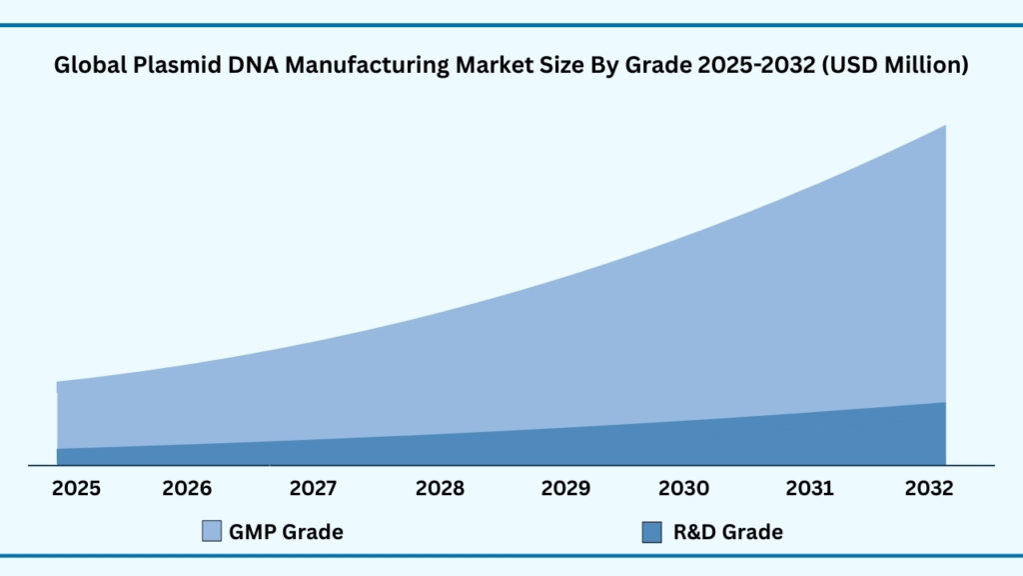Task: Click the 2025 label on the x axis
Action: point(76,489)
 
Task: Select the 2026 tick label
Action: point(187,489)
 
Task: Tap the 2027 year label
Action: point(314,489)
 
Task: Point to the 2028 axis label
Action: point(440,489)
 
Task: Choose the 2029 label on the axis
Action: point(565,489)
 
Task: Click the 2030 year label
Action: point(683,489)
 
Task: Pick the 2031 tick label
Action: point(809,489)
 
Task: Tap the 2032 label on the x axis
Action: point(929,489)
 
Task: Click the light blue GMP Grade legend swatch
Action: point(212,532)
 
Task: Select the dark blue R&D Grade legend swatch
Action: point(651,532)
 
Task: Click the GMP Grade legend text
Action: point(286,532)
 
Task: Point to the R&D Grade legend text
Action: point(727,532)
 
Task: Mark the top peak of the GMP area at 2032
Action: point(944,127)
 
